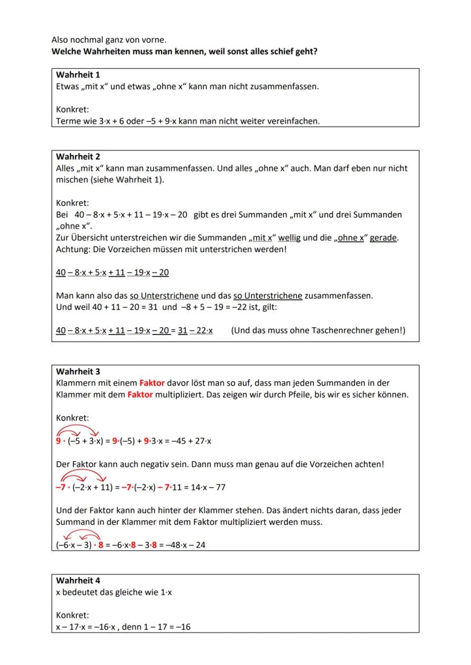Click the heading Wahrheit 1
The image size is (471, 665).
point(78,75)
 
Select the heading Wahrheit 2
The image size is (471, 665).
point(78,157)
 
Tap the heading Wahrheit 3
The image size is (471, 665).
point(78,372)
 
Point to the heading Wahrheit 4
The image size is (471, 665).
point(78,581)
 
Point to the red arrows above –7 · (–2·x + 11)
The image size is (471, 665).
point(83,475)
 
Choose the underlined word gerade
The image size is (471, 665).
point(383,238)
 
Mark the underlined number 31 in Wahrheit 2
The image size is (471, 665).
point(183,331)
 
